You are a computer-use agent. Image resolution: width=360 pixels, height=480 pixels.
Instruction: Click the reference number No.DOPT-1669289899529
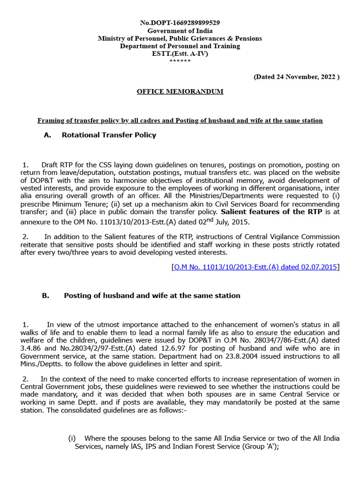(x=180, y=22)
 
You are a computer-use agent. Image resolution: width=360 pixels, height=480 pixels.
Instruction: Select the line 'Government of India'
(x=180, y=30)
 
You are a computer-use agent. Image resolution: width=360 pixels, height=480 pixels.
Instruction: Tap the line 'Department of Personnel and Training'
(x=180, y=46)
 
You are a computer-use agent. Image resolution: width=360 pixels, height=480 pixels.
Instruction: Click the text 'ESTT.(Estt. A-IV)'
(x=180, y=53)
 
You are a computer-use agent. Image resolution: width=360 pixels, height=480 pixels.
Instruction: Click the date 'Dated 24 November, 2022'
(x=296, y=76)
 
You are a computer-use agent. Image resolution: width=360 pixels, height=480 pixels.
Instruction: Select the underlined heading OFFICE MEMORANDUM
(x=180, y=91)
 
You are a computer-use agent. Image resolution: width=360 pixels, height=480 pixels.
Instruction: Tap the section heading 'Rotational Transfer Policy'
(x=109, y=135)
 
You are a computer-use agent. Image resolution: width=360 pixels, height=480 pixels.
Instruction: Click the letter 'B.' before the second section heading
(x=45, y=296)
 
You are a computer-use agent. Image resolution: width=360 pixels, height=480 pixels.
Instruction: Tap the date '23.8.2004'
(x=239, y=356)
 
